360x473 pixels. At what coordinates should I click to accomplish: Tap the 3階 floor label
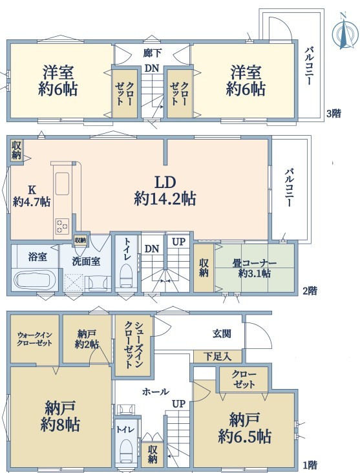click(x=334, y=114)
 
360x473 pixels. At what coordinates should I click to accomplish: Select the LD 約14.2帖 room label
click(x=165, y=191)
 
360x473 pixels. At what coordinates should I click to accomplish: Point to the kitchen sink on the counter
click(x=62, y=184)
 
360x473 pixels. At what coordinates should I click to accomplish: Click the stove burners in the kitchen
click(x=62, y=226)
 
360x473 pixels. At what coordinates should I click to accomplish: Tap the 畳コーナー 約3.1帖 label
click(x=255, y=268)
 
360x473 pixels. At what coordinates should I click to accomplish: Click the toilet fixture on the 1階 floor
click(x=126, y=451)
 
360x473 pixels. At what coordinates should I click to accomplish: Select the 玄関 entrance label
click(x=222, y=333)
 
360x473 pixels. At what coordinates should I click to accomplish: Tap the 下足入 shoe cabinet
click(x=218, y=357)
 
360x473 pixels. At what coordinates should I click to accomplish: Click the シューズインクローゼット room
click(x=133, y=346)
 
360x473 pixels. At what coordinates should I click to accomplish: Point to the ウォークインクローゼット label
click(x=34, y=339)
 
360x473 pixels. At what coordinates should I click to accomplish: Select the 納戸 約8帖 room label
click(x=59, y=416)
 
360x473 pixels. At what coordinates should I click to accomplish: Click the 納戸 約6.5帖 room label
click(x=244, y=428)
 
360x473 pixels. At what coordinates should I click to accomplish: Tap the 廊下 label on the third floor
click(x=153, y=54)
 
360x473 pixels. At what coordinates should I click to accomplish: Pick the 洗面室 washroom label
click(x=87, y=261)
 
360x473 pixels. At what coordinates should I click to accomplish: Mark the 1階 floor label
click(x=310, y=465)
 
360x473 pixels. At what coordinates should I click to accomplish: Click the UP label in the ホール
click(x=178, y=403)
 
